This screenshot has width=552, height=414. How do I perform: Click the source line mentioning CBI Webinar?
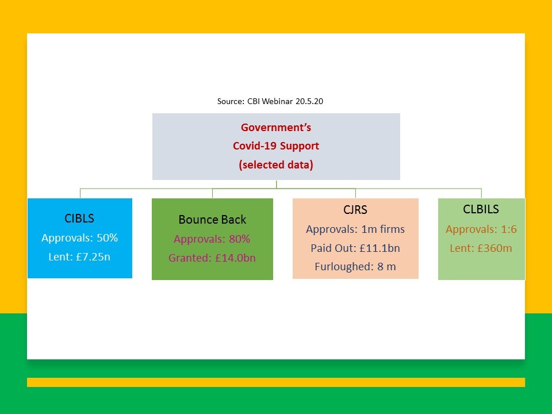[x=270, y=101]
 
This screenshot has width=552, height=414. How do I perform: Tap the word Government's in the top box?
[x=276, y=128]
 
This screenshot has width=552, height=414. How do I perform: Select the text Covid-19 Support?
[x=276, y=145]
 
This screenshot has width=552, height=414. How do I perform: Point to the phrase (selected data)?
[x=276, y=165]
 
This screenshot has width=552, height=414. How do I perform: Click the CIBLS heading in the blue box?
[x=79, y=218]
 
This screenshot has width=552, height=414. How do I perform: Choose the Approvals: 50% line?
[x=79, y=237]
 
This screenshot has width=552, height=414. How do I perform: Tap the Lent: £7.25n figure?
[x=79, y=256]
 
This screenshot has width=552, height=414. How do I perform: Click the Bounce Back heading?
[x=212, y=220]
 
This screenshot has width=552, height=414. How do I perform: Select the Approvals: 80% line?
[x=212, y=239]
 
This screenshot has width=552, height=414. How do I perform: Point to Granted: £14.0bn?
[x=212, y=258]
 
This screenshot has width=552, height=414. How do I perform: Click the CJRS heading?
[x=355, y=210]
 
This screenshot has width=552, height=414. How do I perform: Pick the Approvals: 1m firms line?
[x=355, y=229]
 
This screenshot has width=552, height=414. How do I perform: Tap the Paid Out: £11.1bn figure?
[x=355, y=248]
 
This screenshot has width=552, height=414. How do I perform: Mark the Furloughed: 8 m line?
[x=355, y=266]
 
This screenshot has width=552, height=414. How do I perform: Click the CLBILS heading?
[x=481, y=209]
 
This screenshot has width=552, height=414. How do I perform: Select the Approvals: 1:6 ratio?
[x=481, y=229]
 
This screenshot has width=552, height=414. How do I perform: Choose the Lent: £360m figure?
[x=481, y=248]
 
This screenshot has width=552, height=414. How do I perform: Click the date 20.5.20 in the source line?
[x=309, y=101]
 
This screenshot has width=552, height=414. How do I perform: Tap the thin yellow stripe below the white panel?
[x=276, y=382]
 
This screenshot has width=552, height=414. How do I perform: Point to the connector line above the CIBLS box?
[x=80, y=193]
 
